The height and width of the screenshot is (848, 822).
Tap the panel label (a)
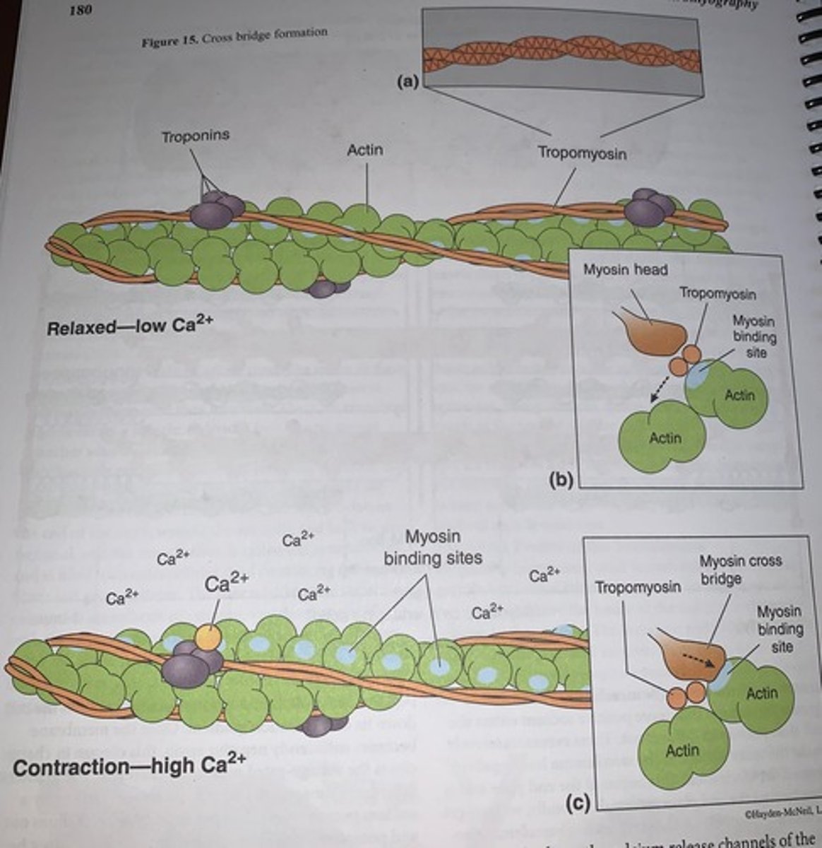[x=407, y=83]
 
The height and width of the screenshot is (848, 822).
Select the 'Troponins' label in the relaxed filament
[x=196, y=136]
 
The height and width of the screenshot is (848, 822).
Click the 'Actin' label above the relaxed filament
[x=365, y=150]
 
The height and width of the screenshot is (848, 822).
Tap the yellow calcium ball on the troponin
[x=208, y=637]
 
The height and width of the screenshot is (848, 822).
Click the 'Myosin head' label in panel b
[x=625, y=270]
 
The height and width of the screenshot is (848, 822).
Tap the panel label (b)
[x=563, y=481]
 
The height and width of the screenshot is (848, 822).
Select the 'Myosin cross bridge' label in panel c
[x=740, y=569]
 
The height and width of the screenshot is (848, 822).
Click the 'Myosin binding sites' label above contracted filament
[x=432, y=548]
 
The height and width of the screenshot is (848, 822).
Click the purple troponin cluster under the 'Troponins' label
[x=215, y=210]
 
